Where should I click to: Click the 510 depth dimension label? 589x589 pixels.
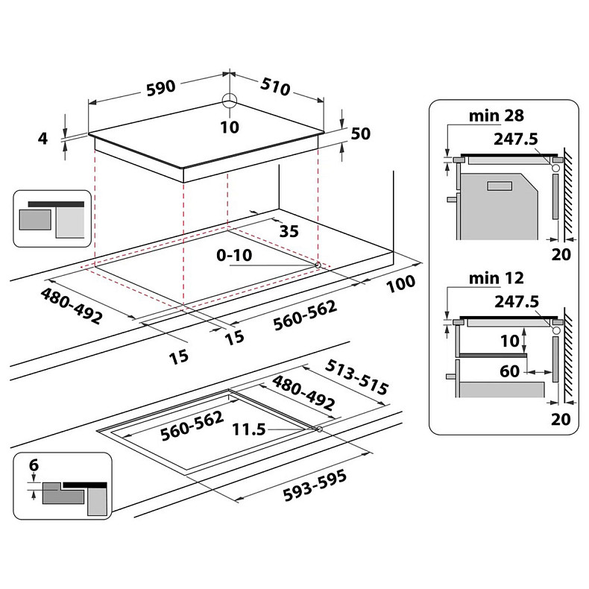pyautogui.click(x=275, y=86)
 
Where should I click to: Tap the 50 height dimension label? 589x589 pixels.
pyautogui.click(x=361, y=133)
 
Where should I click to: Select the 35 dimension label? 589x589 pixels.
pyautogui.click(x=289, y=231)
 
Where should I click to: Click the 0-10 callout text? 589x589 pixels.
pyautogui.click(x=235, y=255)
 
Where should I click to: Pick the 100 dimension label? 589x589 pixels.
pyautogui.click(x=400, y=283)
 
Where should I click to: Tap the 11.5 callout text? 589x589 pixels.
pyautogui.click(x=248, y=429)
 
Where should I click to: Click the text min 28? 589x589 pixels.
pyautogui.click(x=497, y=116)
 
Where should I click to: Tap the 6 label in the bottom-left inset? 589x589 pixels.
pyautogui.click(x=33, y=464)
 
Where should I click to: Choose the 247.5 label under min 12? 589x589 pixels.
pyautogui.click(x=516, y=301)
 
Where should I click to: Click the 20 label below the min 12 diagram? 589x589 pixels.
pyautogui.click(x=561, y=420)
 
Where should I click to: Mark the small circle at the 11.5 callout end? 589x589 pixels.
pyautogui.click(x=319, y=429)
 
